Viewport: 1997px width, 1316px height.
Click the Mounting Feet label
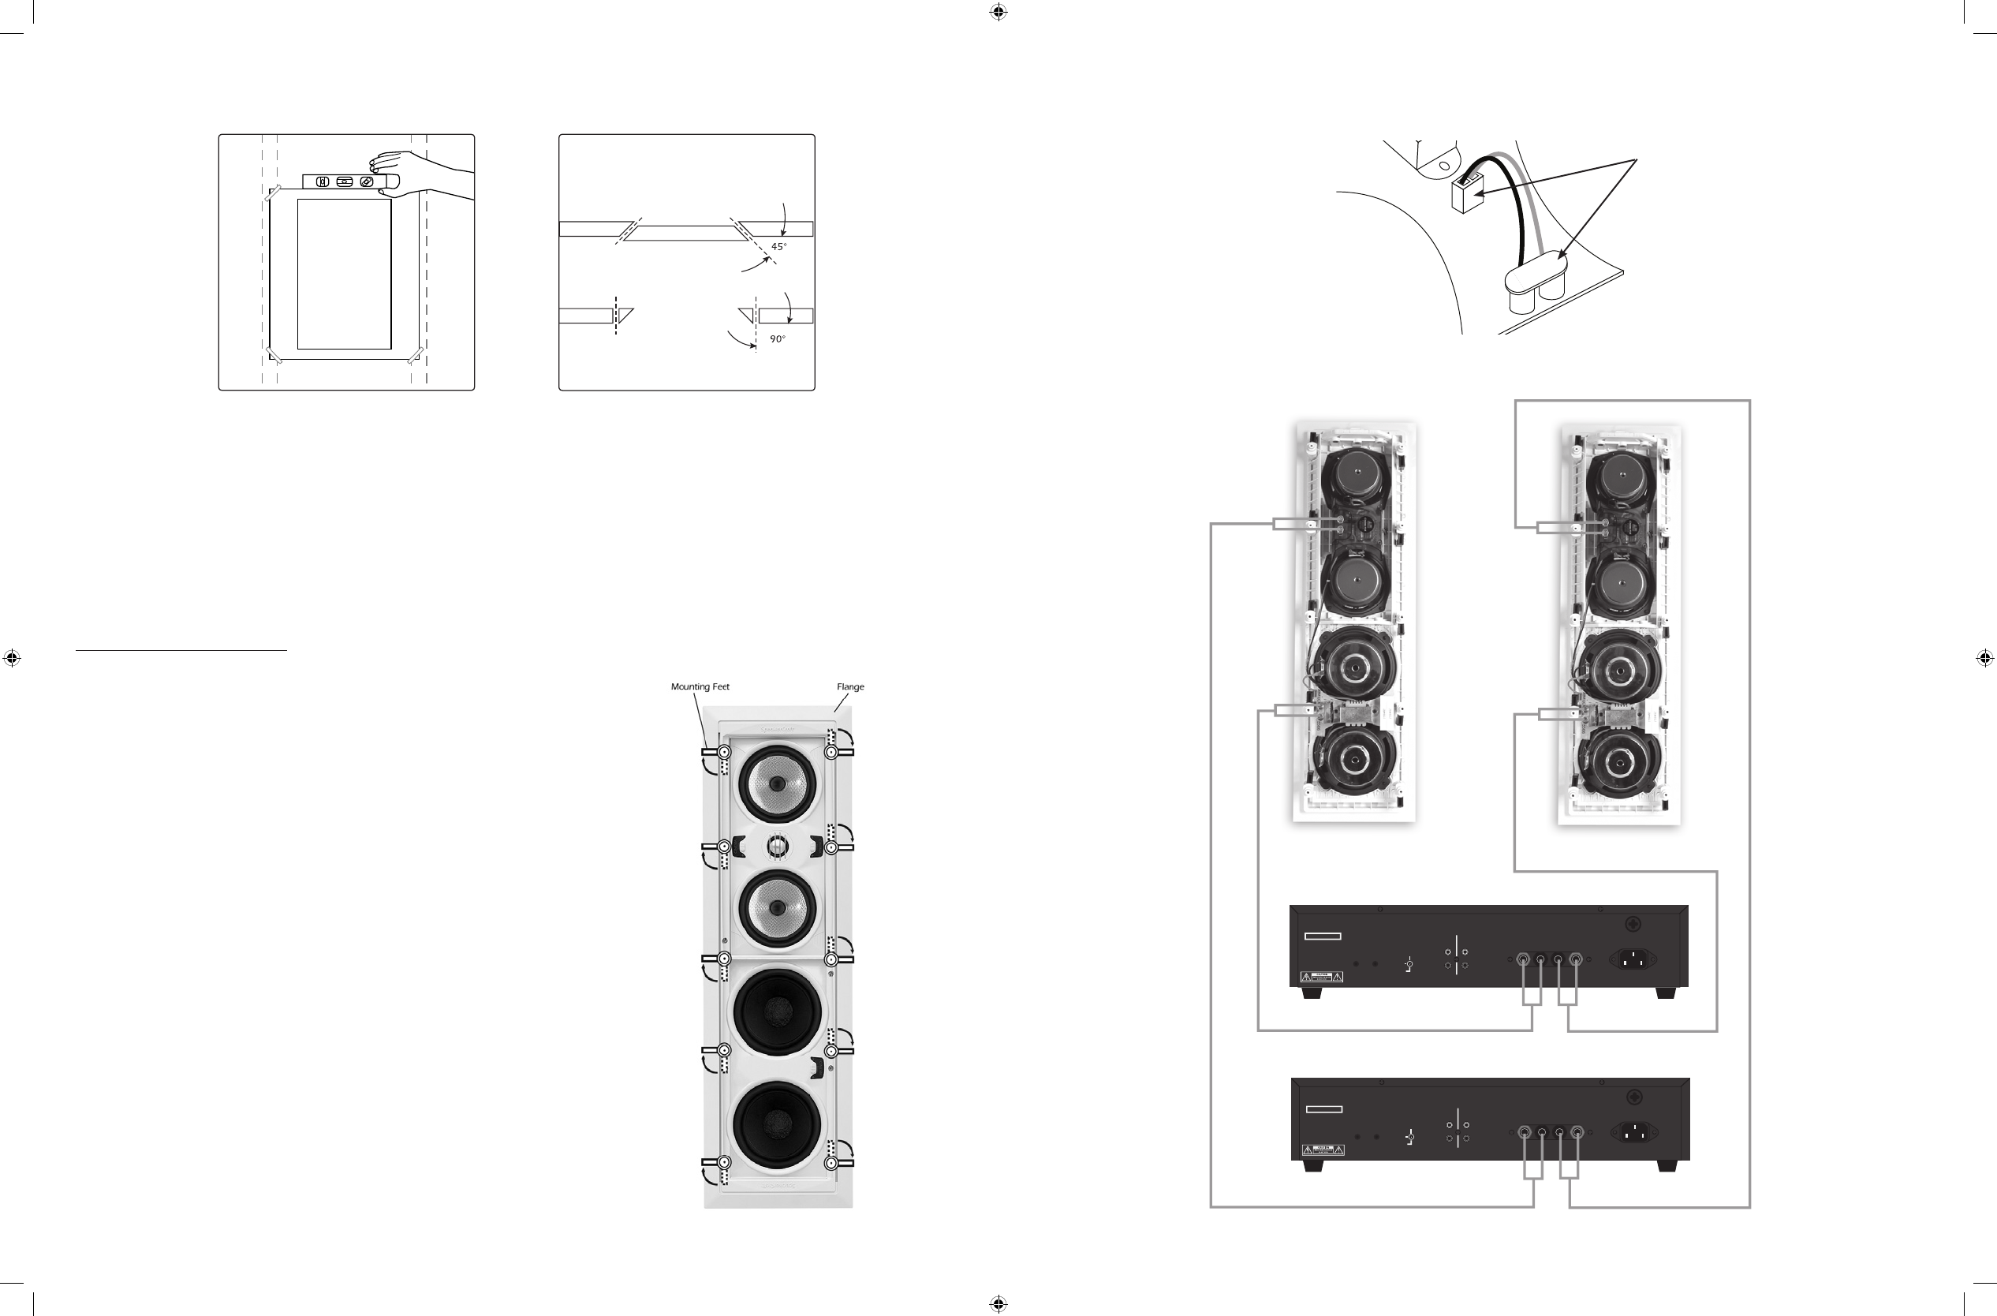tap(700, 686)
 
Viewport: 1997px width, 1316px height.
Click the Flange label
tap(850, 686)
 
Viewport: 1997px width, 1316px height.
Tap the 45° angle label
tap(778, 247)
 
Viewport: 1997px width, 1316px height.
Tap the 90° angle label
tap(778, 339)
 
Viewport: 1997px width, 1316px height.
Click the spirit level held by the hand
tap(344, 181)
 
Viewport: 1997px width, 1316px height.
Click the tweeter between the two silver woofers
tap(777, 846)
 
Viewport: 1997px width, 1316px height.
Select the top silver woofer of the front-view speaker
tap(777, 784)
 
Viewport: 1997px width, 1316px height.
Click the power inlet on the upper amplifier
tap(1631, 959)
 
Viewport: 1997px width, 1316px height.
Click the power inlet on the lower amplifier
tap(1633, 1132)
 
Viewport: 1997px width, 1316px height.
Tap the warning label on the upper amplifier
tap(1322, 976)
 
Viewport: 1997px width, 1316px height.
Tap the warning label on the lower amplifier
tap(1323, 1150)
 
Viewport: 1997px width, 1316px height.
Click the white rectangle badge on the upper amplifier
tap(1323, 936)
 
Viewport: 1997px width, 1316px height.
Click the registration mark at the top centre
tap(998, 12)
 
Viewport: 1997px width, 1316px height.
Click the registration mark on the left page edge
tap(12, 658)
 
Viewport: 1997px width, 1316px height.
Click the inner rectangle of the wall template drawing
tap(344, 274)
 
